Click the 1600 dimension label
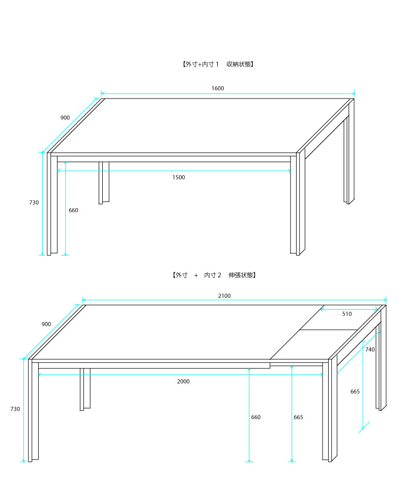[218, 88]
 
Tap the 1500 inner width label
[179, 177]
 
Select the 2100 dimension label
[224, 296]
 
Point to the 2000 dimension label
[183, 381]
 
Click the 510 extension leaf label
[347, 314]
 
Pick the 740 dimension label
[370, 349]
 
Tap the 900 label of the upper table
[65, 117]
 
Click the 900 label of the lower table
[46, 324]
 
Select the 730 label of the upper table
[34, 203]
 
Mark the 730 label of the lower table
[15, 409]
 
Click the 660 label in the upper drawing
[73, 210]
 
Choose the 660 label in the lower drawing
[255, 417]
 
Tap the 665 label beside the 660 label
[298, 417]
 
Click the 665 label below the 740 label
[355, 392]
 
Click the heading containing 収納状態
[218, 64]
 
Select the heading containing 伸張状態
[214, 275]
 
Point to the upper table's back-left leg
[104, 183]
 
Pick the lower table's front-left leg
[33, 410]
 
